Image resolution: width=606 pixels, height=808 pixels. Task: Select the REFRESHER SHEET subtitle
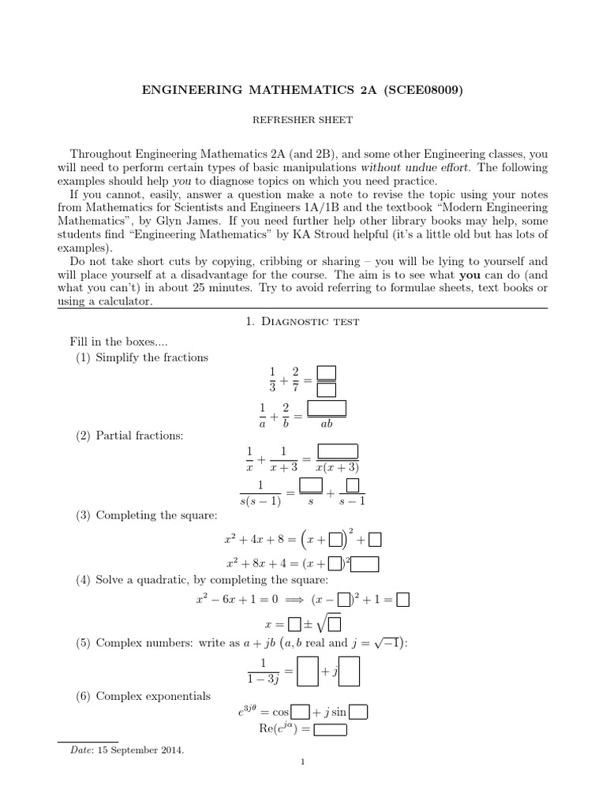[302, 121]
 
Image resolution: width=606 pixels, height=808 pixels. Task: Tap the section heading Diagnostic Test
[302, 321]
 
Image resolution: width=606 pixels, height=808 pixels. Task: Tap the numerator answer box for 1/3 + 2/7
[326, 372]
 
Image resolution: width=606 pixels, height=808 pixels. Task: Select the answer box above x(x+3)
[337, 451]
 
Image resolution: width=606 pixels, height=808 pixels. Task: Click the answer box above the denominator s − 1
[353, 484]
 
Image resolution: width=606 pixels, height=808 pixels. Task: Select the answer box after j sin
[358, 713]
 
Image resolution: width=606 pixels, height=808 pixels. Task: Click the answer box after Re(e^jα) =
[330, 728]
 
